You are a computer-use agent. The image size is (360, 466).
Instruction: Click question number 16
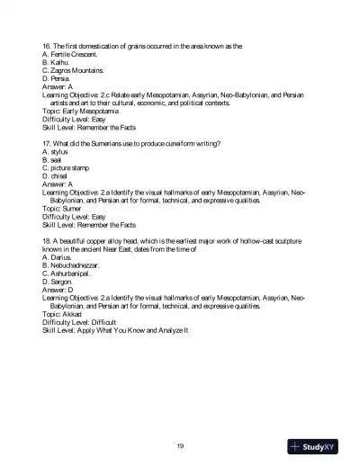pyautogui.click(x=47, y=45)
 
